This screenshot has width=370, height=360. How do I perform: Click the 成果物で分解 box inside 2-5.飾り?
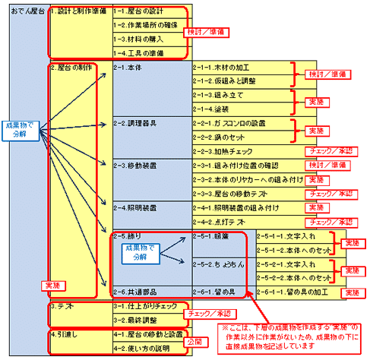(139, 251)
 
